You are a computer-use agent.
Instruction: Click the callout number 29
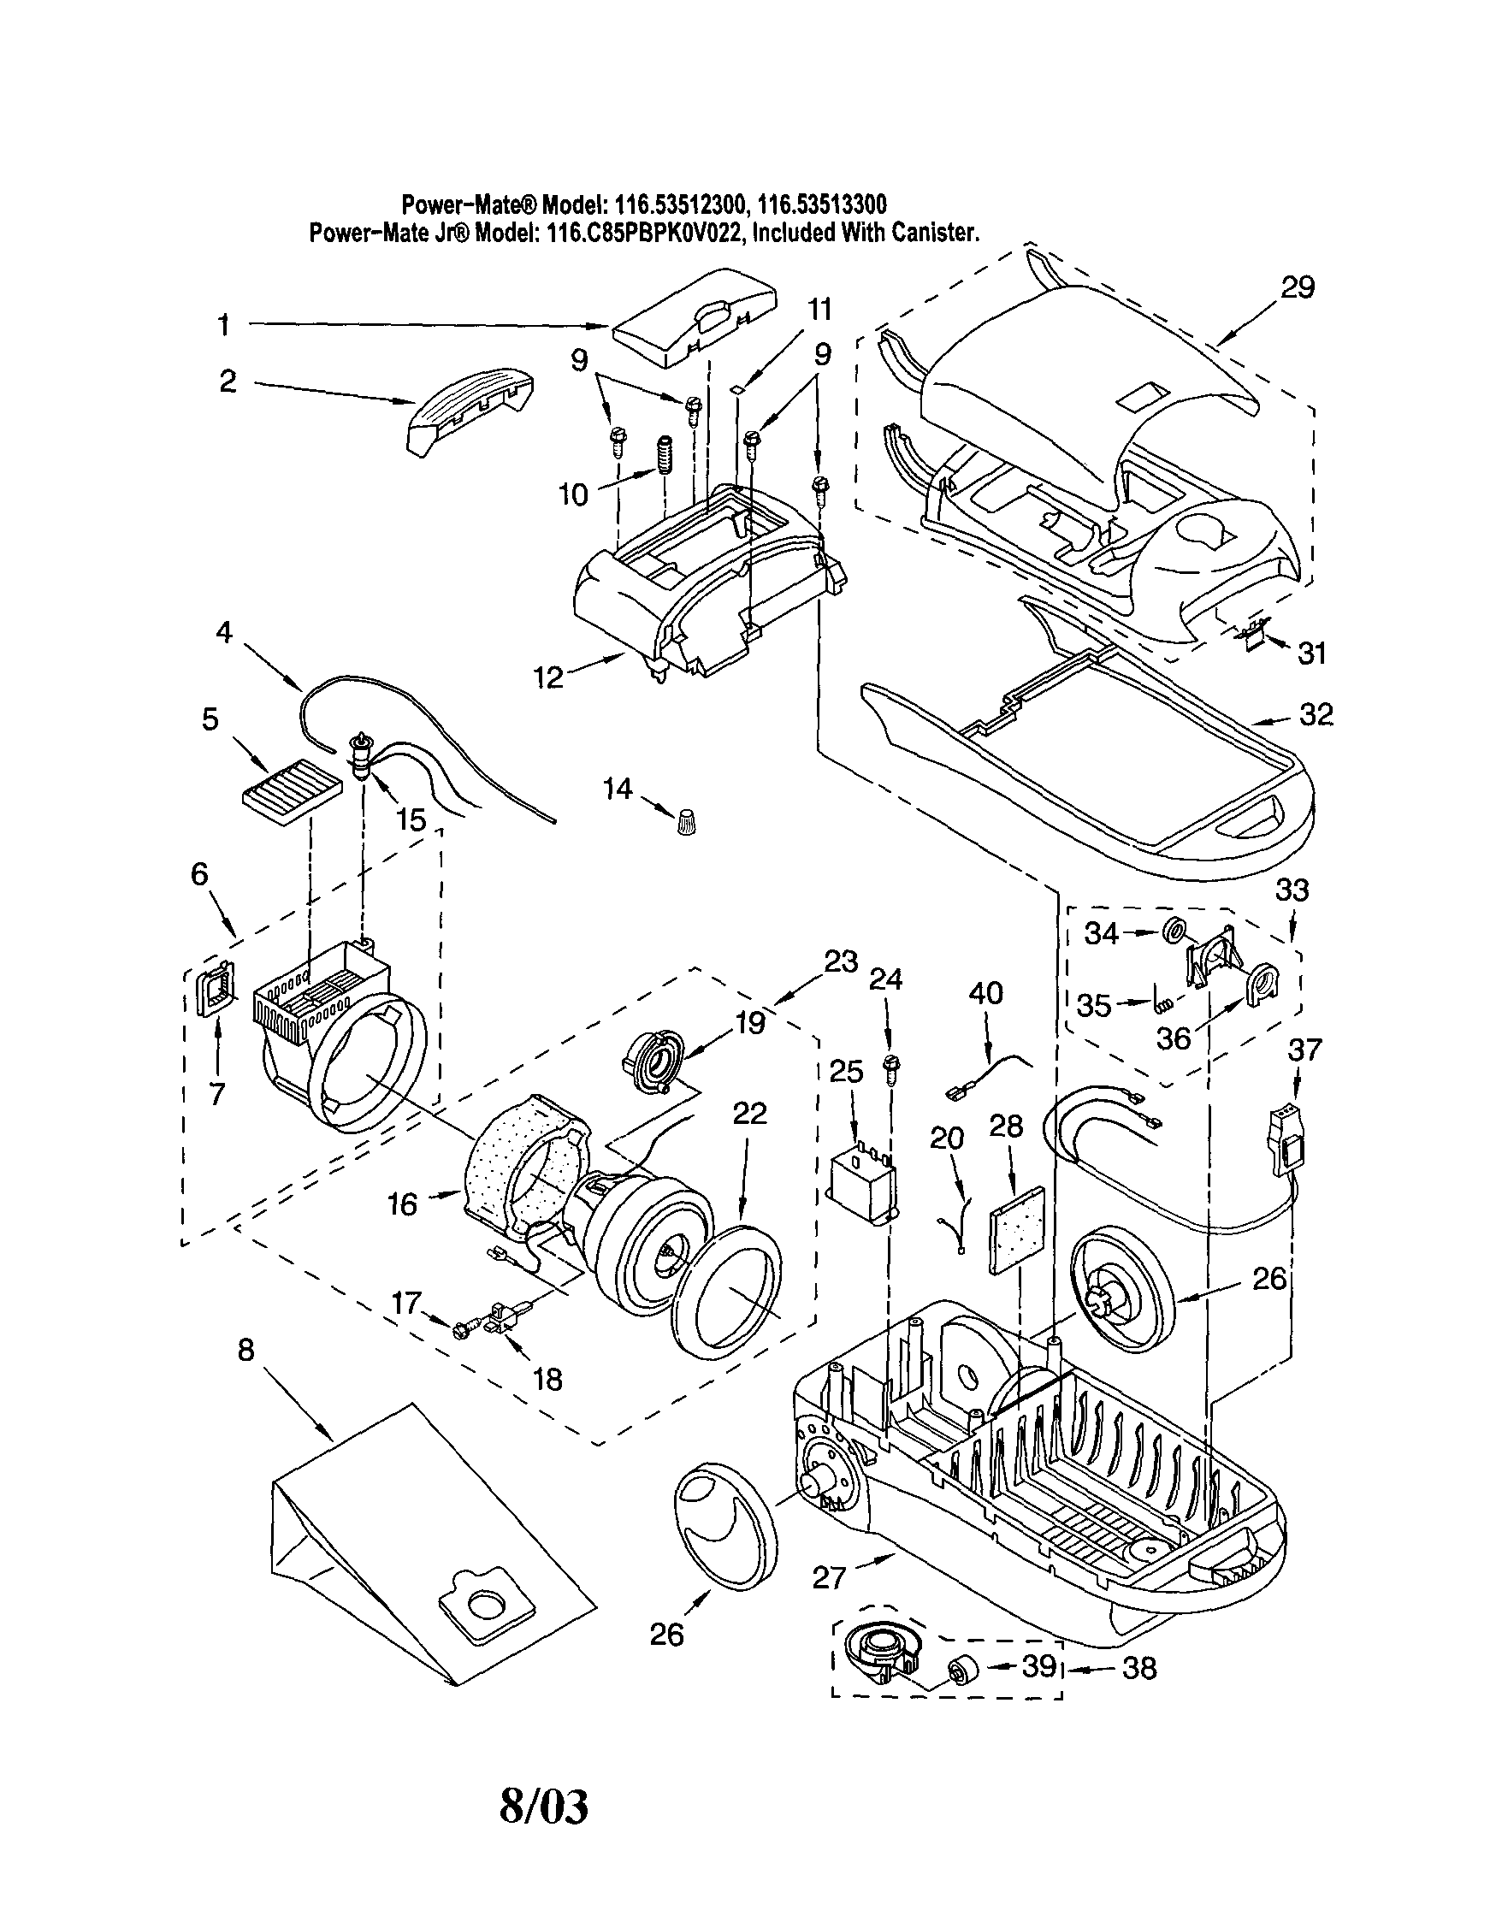[1297, 287]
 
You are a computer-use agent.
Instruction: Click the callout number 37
[1305, 1050]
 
